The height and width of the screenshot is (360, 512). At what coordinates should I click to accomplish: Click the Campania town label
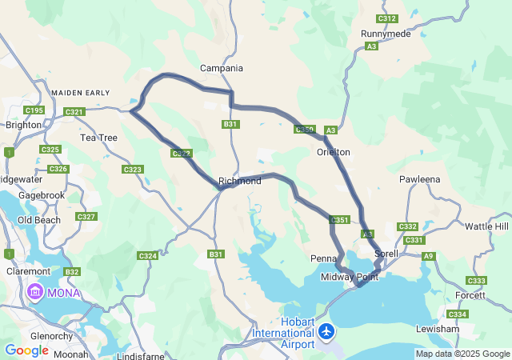pyautogui.click(x=221, y=68)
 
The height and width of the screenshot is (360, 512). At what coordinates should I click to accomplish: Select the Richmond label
pyautogui.click(x=240, y=182)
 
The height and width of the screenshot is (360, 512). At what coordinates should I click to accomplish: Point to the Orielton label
pyautogui.click(x=334, y=151)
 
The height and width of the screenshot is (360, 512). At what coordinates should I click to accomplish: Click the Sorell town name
pyautogui.click(x=397, y=254)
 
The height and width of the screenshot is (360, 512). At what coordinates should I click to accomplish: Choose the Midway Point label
pyautogui.click(x=349, y=277)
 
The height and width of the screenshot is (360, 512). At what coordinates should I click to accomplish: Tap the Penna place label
pyautogui.click(x=323, y=258)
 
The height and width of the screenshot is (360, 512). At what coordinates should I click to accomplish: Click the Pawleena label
pyautogui.click(x=420, y=179)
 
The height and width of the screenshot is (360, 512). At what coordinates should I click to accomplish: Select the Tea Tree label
pyautogui.click(x=98, y=138)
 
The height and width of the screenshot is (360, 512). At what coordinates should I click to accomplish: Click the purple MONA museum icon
pyautogui.click(x=36, y=292)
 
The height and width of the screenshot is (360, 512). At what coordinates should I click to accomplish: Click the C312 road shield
pyautogui.click(x=386, y=18)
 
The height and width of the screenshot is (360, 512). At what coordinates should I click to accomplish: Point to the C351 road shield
pyautogui.click(x=340, y=220)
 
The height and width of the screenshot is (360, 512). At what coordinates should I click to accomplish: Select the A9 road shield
pyautogui.click(x=429, y=256)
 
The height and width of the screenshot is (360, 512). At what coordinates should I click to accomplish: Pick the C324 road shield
pyautogui.click(x=147, y=256)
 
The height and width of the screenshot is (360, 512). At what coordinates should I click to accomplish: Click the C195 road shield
pyautogui.click(x=34, y=110)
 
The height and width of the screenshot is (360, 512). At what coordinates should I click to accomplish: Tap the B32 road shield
pyautogui.click(x=73, y=273)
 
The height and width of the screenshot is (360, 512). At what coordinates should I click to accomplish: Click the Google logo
pyautogui.click(x=26, y=350)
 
